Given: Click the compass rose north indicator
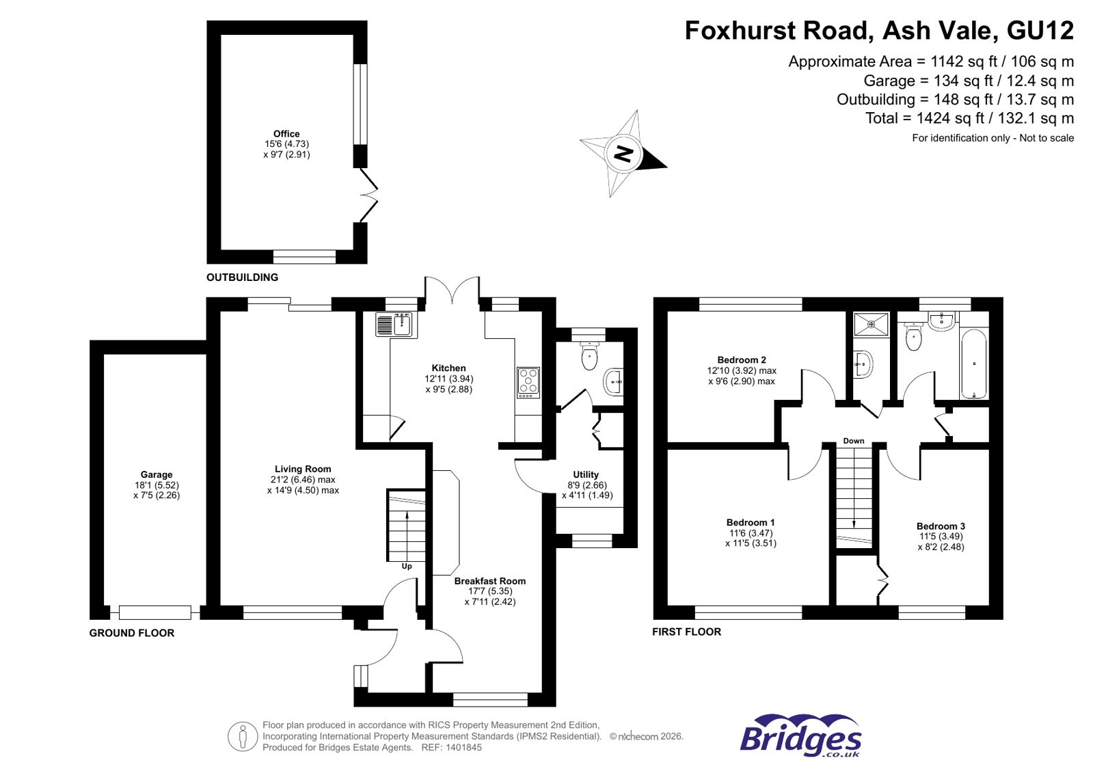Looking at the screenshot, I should click(x=623, y=154).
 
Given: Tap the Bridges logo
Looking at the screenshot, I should click(x=800, y=736).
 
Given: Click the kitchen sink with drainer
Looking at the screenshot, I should click(x=395, y=324).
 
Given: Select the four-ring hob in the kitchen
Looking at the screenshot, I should click(x=528, y=382).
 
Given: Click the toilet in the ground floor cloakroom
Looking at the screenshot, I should click(x=589, y=355).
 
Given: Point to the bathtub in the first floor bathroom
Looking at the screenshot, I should click(x=973, y=364).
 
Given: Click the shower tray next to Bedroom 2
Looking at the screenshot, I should click(x=872, y=324).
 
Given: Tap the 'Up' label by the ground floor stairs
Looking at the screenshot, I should click(x=407, y=567).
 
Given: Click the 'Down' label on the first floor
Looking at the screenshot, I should click(x=853, y=441).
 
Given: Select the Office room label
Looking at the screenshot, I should click(x=286, y=134).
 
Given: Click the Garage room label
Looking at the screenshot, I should click(x=157, y=474).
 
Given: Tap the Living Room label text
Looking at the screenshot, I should click(x=303, y=469).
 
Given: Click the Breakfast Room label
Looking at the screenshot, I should click(x=489, y=581).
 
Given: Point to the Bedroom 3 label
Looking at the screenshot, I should click(x=941, y=526).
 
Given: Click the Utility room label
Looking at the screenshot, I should click(x=586, y=474).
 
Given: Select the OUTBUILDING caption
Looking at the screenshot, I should click(x=242, y=277).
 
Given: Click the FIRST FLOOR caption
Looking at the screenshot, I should click(x=686, y=632).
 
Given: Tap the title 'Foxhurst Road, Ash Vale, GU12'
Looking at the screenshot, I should click(x=879, y=31).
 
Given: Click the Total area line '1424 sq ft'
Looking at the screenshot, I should click(x=969, y=118).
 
